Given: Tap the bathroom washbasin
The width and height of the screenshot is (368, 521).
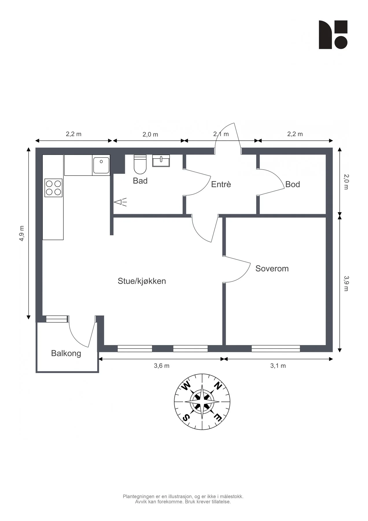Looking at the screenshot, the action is [161, 161].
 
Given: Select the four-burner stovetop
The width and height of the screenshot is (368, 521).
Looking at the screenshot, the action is [53, 188].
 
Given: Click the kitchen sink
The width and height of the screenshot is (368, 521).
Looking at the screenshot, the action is [101, 165].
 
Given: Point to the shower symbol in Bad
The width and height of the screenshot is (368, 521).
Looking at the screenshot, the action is [120, 202].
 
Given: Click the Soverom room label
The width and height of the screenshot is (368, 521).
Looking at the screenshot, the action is [272, 269].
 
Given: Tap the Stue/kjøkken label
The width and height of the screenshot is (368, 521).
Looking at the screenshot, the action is [142, 281].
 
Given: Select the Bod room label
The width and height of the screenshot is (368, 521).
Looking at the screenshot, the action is [293, 184].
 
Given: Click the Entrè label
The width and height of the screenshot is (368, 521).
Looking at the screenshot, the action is [221, 184].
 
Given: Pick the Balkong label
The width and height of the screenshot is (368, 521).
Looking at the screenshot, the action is [66, 353].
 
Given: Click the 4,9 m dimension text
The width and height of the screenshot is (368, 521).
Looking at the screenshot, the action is [22, 233].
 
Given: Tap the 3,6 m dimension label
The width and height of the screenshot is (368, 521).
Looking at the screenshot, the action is [162, 366].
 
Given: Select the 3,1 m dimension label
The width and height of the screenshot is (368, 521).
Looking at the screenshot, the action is [278, 366].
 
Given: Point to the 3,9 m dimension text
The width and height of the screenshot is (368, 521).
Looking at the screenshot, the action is [346, 283].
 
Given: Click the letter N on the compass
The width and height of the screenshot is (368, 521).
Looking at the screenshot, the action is [218, 386].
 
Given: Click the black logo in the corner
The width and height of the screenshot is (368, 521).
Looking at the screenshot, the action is [333, 35].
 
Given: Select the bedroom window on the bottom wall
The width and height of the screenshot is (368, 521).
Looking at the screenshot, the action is [276, 348].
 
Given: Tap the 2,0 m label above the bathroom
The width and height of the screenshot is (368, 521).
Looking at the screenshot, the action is [150, 135].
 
